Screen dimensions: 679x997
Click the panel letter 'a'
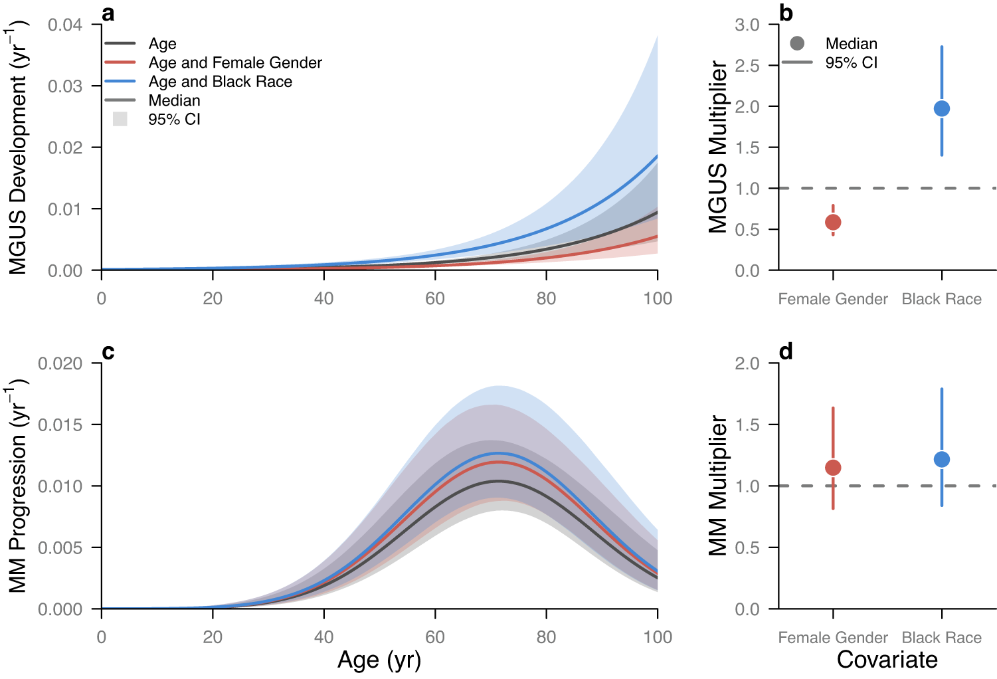[x=108, y=13]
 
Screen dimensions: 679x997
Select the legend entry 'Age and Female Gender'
[x=234, y=62]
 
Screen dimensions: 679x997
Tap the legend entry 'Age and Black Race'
[x=220, y=82]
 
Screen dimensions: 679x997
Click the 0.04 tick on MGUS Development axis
[x=65, y=25]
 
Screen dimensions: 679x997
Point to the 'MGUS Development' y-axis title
[x=19, y=147]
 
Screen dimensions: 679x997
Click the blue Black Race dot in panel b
[x=941, y=108]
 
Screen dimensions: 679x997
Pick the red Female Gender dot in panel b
[x=833, y=222]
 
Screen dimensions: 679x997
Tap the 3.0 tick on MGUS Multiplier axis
[x=747, y=25]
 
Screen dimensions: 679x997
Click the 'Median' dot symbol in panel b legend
[x=797, y=43]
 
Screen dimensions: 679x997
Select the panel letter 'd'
[x=786, y=351]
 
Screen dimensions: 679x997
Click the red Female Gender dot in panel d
[x=833, y=468]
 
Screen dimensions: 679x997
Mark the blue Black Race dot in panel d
[x=941, y=459]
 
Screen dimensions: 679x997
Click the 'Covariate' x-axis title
[x=887, y=660]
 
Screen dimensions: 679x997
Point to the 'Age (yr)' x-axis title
[x=379, y=660]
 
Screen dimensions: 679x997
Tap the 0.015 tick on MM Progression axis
[x=60, y=425]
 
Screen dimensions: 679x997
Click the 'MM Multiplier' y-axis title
[x=717, y=486]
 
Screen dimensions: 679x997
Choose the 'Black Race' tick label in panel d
[x=941, y=638]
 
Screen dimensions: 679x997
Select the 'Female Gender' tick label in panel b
[x=833, y=299]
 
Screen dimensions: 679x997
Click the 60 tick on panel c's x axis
[x=435, y=637]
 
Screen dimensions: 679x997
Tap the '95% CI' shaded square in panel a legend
[x=120, y=119]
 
